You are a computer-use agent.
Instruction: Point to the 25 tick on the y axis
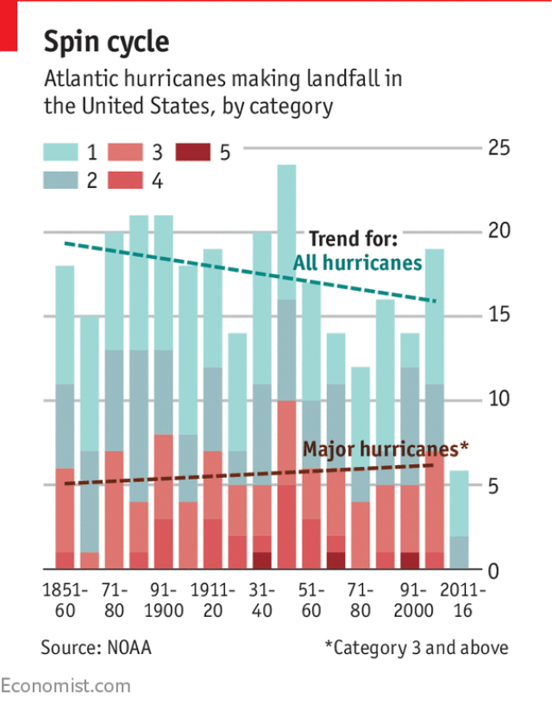coord(498,147)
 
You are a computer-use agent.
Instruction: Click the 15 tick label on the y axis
coord(498,315)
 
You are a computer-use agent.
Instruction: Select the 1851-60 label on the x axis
coord(65,601)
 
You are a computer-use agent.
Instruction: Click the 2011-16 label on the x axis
coord(461,601)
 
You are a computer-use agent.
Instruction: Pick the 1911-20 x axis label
coord(212,601)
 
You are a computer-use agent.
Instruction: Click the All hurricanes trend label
coord(357,263)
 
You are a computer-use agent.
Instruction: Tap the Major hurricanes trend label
coord(385,449)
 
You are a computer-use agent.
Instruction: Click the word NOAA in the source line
coord(128,646)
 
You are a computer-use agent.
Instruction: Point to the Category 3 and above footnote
coord(416,646)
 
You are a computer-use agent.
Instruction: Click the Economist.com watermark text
coord(66,686)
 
